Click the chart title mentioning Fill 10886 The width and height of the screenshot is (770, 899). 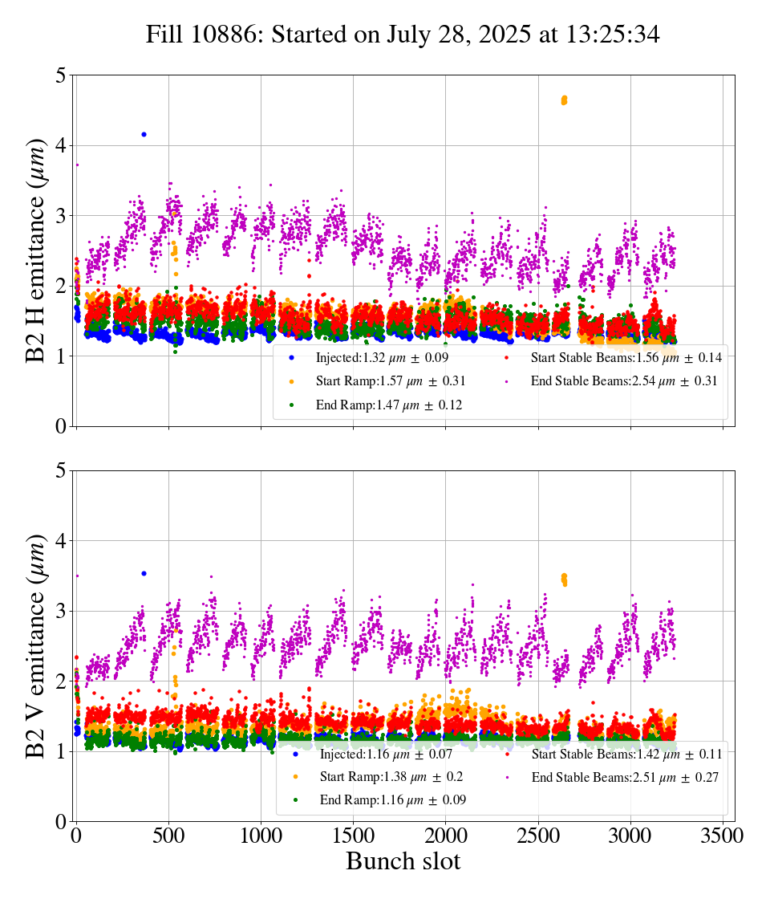pyautogui.click(x=403, y=35)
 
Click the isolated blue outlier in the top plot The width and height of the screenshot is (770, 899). pyautogui.click(x=144, y=134)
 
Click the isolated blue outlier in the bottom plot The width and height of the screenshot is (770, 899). pyautogui.click(x=144, y=573)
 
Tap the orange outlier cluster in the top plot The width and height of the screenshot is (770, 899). pyautogui.click(x=564, y=100)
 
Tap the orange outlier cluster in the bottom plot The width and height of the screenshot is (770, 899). pyautogui.click(x=564, y=579)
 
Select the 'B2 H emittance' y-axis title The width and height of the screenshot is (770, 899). pyautogui.click(x=36, y=250)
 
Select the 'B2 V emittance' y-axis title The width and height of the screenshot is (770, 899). pyautogui.click(x=36, y=645)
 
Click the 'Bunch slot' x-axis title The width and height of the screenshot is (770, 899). pyautogui.click(x=403, y=862)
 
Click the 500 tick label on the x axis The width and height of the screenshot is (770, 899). pyautogui.click(x=168, y=836)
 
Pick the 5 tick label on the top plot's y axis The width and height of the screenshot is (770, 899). pyautogui.click(x=60, y=76)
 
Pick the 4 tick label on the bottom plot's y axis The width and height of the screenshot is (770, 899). pyautogui.click(x=60, y=542)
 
